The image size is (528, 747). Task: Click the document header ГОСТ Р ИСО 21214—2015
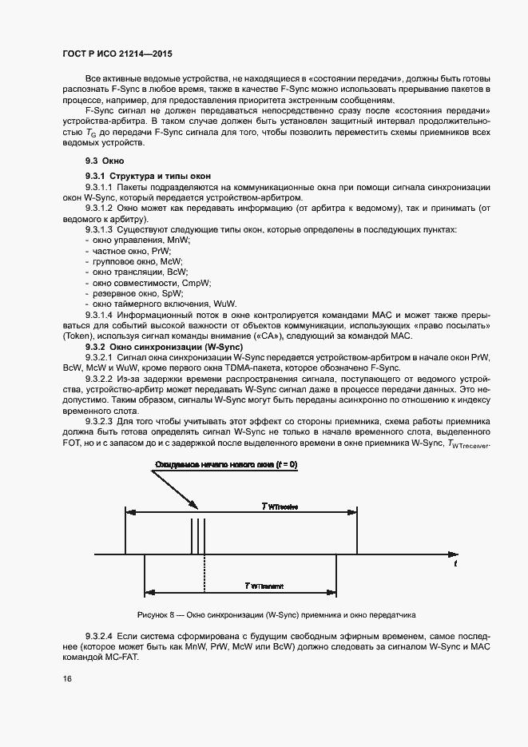pyautogui.click(x=117, y=53)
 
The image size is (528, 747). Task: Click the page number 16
pyautogui.click(x=68, y=678)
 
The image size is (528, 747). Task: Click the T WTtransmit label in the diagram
pyautogui.click(x=264, y=586)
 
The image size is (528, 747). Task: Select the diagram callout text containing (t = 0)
pyautogui.click(x=225, y=464)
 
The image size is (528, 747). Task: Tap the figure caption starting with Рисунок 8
pyautogui.click(x=277, y=614)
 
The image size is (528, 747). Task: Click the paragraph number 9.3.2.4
pyautogui.click(x=101, y=634)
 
